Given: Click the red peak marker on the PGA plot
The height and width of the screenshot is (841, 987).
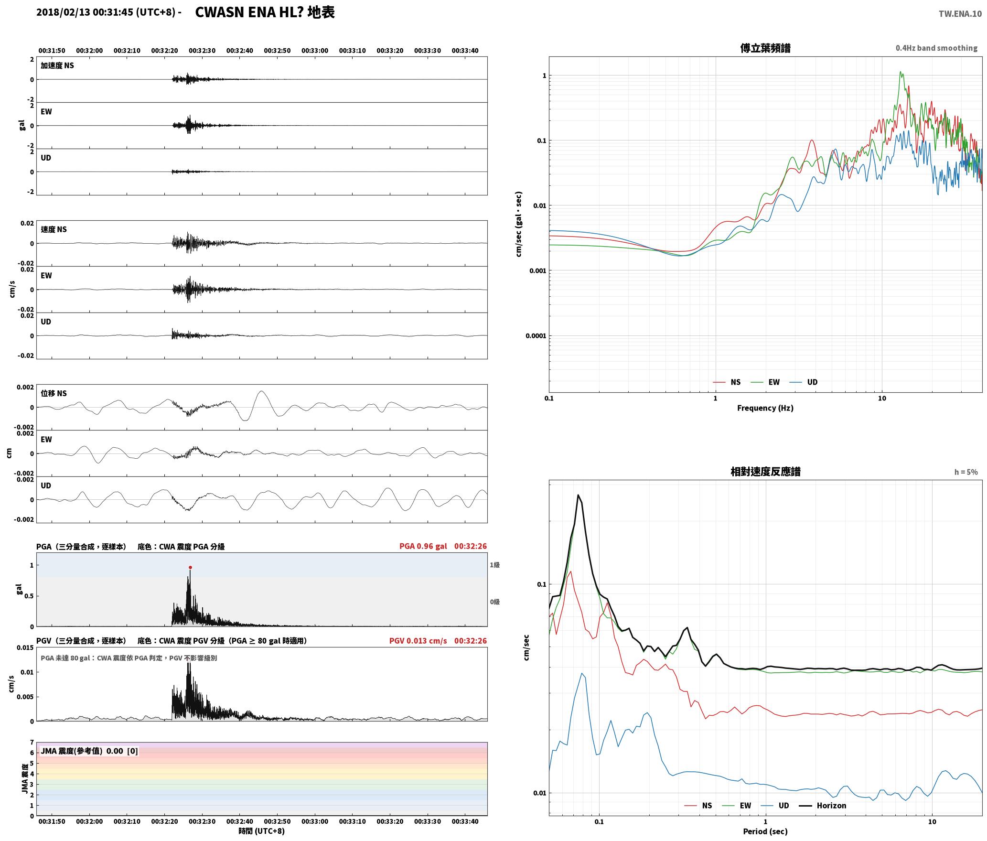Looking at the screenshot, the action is (x=190, y=568).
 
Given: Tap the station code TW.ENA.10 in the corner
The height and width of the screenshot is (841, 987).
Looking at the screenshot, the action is (x=960, y=14).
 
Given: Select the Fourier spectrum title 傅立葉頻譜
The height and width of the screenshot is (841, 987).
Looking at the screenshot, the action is (x=765, y=48).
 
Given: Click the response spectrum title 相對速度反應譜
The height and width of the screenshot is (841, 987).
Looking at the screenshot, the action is (x=765, y=472).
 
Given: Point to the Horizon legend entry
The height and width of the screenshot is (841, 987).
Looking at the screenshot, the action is (x=823, y=806).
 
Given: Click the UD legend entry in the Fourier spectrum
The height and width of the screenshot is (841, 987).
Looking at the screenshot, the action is (x=804, y=382).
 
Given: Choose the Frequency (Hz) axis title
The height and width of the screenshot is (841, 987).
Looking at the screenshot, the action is (x=765, y=408).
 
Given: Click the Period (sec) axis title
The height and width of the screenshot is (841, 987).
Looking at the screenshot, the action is (x=765, y=831).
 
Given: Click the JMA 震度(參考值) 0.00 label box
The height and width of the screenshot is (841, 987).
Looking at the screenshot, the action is (x=89, y=751).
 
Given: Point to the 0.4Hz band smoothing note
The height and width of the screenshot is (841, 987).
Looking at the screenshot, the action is (x=936, y=48).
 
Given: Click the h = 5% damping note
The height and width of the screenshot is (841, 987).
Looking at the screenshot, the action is (x=966, y=472).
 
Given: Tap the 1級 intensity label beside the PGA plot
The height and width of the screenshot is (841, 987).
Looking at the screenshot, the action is (x=494, y=565).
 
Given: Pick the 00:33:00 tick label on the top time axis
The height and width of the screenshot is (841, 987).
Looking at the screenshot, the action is (x=315, y=51).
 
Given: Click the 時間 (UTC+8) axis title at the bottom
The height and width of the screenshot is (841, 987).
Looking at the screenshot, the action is (x=262, y=831).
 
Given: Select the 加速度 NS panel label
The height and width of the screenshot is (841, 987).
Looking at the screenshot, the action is (x=57, y=65).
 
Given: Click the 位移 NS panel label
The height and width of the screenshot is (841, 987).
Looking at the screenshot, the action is (x=54, y=393).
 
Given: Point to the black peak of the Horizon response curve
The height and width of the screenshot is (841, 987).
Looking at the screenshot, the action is (x=578, y=495).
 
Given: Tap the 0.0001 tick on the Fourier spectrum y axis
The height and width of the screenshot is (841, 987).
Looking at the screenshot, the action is (x=536, y=336).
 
